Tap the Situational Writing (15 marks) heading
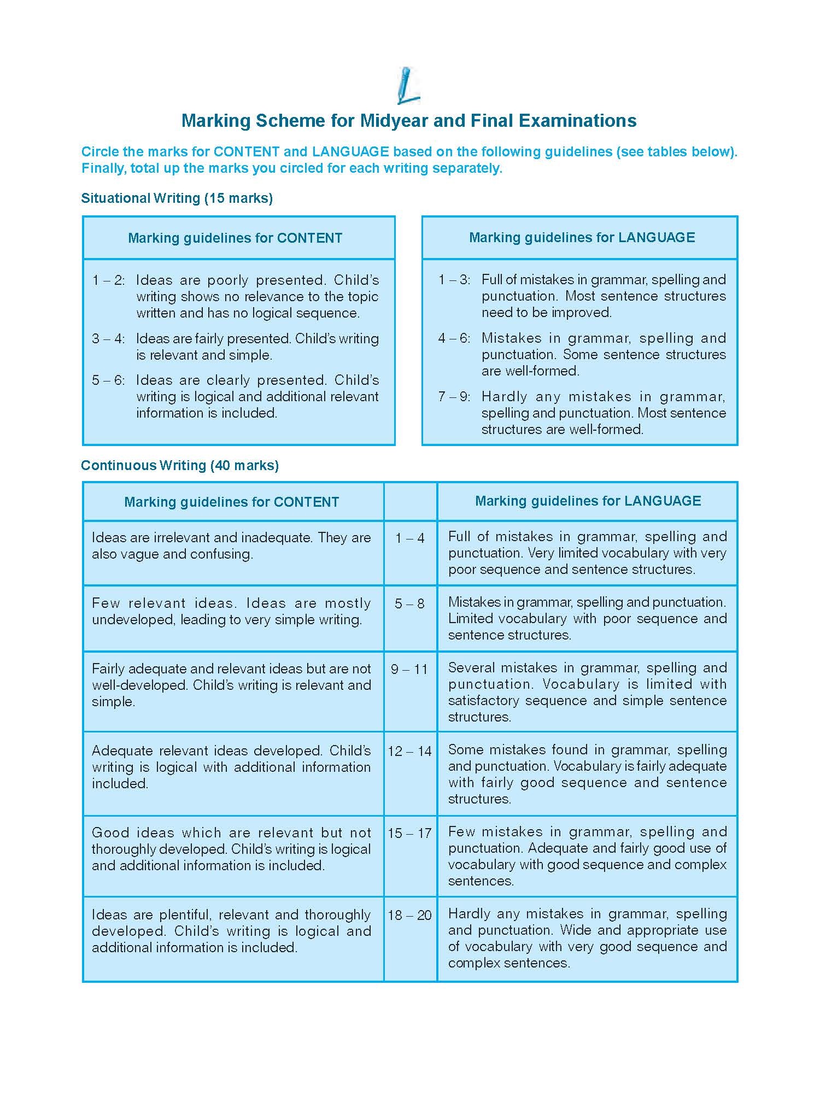point(177,198)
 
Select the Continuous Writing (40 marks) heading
point(180,465)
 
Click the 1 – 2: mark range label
point(108,280)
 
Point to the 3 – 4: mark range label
point(108,339)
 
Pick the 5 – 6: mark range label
point(108,380)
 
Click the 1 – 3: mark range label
point(454,280)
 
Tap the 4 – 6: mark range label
point(454,338)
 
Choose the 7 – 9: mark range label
point(454,397)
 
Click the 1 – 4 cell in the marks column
point(410,538)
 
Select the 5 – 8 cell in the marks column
point(410,604)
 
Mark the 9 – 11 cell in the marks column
point(409,670)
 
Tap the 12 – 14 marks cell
point(409,752)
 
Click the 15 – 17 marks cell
point(409,834)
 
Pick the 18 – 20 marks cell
point(409,916)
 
